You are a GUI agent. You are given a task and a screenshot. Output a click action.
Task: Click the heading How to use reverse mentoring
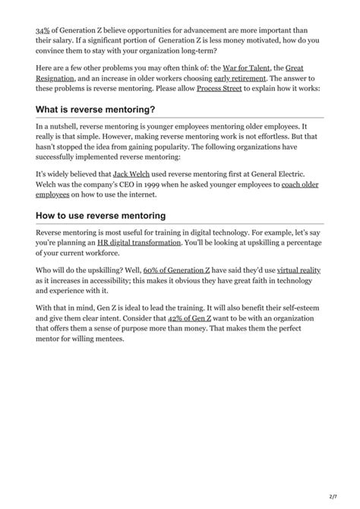[x=100, y=216]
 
